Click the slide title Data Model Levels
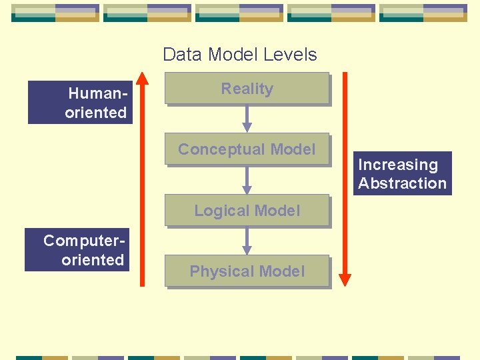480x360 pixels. click(x=239, y=54)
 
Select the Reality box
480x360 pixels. click(x=247, y=89)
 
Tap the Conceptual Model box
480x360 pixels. click(x=247, y=149)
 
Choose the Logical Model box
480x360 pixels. click(x=247, y=211)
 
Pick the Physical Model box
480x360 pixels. click(x=247, y=271)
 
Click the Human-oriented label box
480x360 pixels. click(x=80, y=103)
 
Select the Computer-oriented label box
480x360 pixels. click(x=77, y=250)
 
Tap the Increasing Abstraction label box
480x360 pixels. click(x=402, y=173)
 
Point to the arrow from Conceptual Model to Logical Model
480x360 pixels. click(x=247, y=180)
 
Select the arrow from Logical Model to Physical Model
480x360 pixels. click(x=247, y=241)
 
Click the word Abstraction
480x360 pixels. click(x=402, y=183)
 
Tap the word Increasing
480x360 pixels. click(x=398, y=165)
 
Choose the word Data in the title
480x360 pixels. click(x=181, y=54)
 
